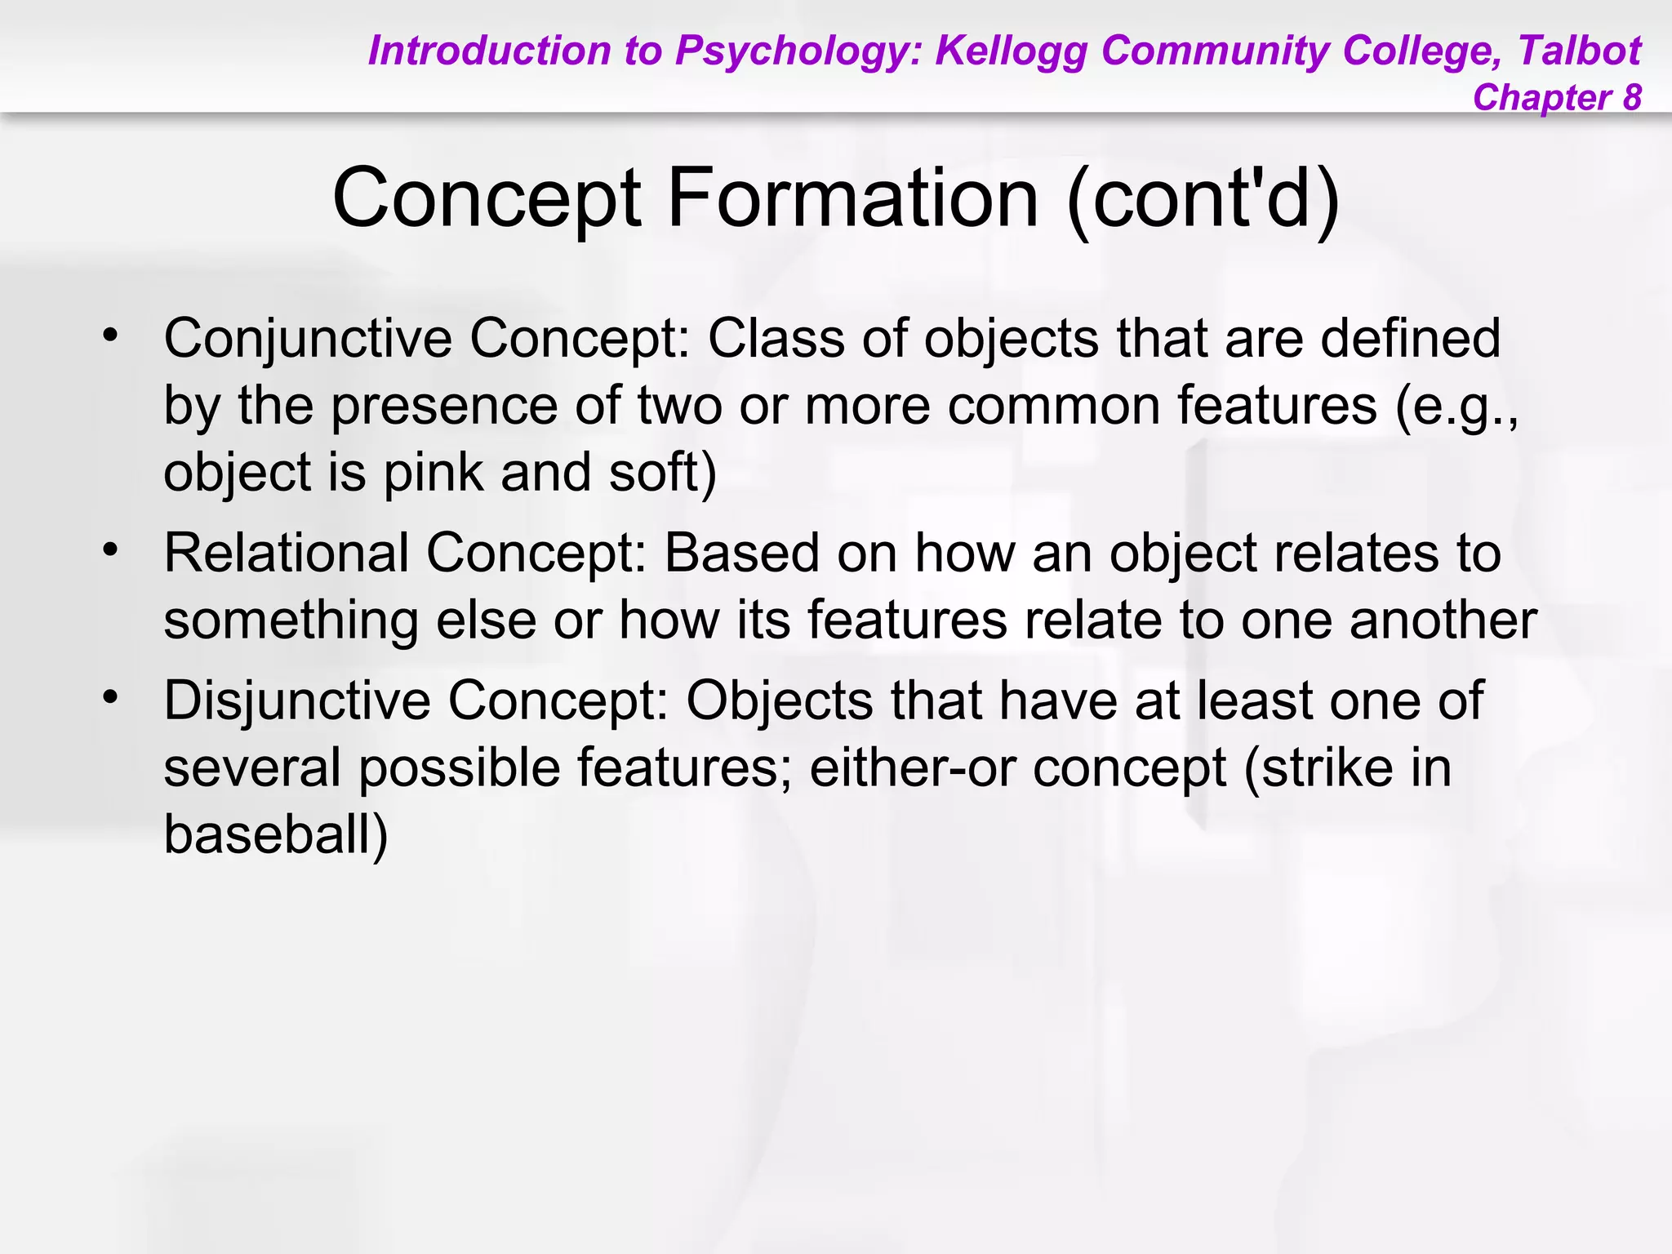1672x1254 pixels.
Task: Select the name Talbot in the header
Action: (x=1579, y=51)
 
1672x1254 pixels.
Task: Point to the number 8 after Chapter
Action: (x=1631, y=97)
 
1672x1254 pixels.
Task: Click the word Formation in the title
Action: (x=853, y=198)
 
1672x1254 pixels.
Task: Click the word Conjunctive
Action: (x=308, y=338)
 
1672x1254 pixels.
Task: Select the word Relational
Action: (x=286, y=554)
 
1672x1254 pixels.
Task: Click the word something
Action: (x=291, y=620)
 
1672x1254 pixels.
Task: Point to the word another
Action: (x=1443, y=620)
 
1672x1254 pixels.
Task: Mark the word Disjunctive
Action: (x=296, y=701)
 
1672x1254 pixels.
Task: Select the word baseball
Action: (x=276, y=835)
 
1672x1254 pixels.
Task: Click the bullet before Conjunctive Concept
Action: (x=110, y=335)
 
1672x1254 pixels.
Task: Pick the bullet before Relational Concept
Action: (x=110, y=549)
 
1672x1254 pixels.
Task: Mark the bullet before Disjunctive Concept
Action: (x=110, y=697)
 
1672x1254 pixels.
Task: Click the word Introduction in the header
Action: (x=489, y=51)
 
